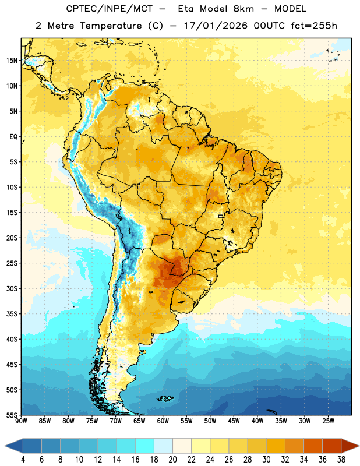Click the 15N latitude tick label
pyautogui.click(x=12, y=61)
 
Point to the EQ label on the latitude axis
pyautogui.click(x=13, y=137)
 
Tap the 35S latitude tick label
pyautogui.click(x=12, y=314)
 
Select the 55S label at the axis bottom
pyautogui.click(x=12, y=415)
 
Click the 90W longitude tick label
pyautogui.click(x=22, y=421)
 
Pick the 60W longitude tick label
pyautogui.click(x=163, y=421)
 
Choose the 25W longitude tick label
pyautogui.click(x=328, y=421)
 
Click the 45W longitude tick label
pyautogui.click(x=234, y=421)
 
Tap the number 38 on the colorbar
pyautogui.click(x=341, y=460)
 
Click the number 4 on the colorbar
pyautogui.click(x=23, y=460)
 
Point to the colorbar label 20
pyautogui.click(x=172, y=460)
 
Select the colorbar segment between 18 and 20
pyautogui.click(x=163, y=446)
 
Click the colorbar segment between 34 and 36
pyautogui.click(x=313, y=446)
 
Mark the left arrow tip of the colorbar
pyautogui.click(x=5, y=446)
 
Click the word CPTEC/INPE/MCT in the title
pyautogui.click(x=109, y=9)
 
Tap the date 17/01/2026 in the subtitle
pyautogui.click(x=216, y=26)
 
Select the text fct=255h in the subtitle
pyautogui.click(x=314, y=26)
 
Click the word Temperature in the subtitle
pyautogui.click(x=111, y=26)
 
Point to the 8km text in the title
pyautogui.click(x=243, y=9)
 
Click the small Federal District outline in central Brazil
pyautogui.click(x=221, y=216)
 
